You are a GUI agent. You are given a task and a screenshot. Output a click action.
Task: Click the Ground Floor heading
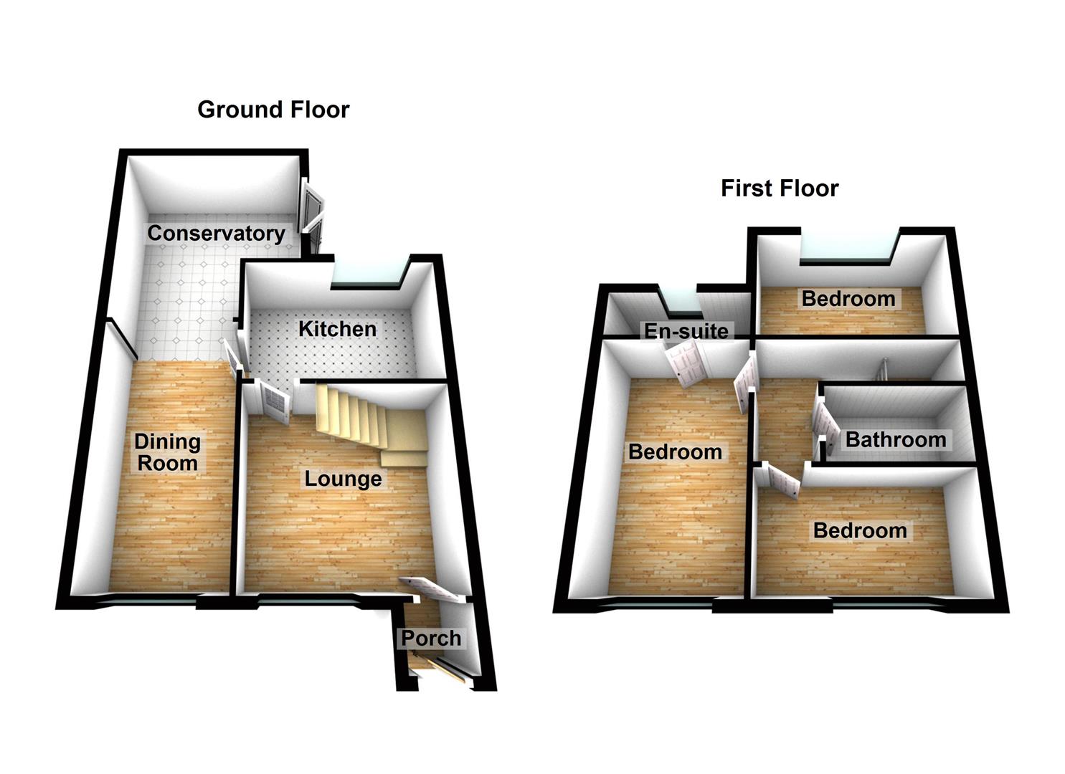[x=273, y=110]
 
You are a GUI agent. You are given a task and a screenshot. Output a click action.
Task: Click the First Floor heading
[x=779, y=188]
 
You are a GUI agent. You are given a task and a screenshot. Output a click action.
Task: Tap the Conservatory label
[x=216, y=233]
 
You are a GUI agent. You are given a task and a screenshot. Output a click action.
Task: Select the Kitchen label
[x=337, y=329]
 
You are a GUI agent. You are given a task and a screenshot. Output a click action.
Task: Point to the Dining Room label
[x=167, y=452]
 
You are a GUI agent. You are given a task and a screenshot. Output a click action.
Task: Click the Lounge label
[x=343, y=479]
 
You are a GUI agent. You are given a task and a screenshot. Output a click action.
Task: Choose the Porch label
[x=430, y=638]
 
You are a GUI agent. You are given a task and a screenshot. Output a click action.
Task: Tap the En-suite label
[x=686, y=331]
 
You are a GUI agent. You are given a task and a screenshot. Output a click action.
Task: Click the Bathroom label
[x=896, y=439]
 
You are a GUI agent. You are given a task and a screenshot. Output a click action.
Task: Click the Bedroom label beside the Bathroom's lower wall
[x=859, y=531]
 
